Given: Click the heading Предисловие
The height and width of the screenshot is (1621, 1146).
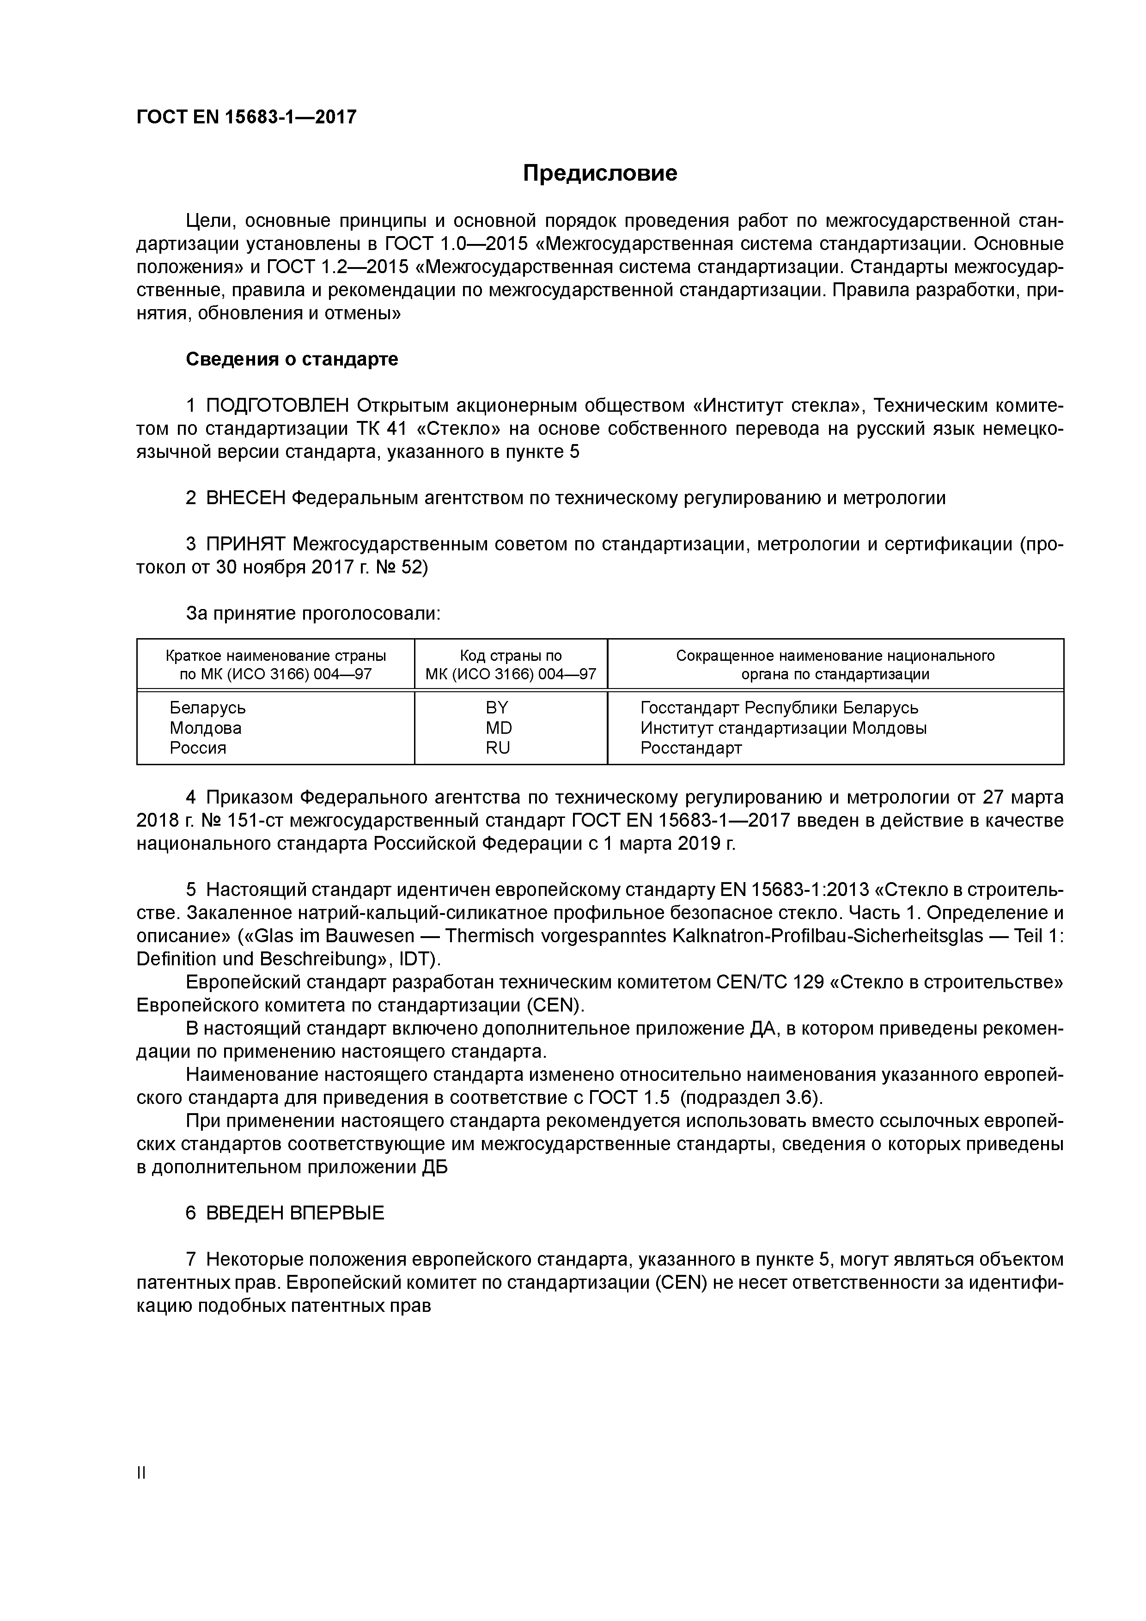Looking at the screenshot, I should point(599,173).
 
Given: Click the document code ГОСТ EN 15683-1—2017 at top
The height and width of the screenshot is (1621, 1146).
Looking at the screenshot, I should point(246,116).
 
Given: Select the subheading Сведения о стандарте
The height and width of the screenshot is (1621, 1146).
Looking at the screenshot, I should point(292,360).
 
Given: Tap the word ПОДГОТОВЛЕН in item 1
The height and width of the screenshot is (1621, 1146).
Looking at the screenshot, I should point(278,406).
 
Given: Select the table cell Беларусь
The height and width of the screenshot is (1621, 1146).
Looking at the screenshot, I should point(207,707).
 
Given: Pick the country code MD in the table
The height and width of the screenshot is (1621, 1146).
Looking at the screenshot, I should point(499,728).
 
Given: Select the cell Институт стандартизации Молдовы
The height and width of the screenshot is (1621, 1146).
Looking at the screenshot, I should point(783,728).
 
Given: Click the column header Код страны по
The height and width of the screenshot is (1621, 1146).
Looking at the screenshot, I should point(511,656).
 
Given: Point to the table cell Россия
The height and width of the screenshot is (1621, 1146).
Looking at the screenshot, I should point(198,748).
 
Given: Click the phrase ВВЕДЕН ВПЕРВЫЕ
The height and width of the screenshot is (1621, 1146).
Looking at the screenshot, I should point(295,1213).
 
